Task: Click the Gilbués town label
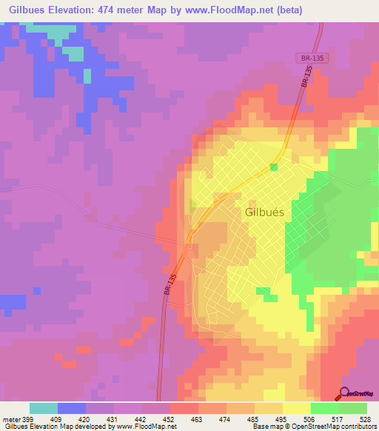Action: (x=264, y=211)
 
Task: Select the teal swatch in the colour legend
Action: (x=44, y=408)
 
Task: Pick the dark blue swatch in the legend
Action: (x=72, y=408)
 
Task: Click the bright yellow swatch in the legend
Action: (x=297, y=408)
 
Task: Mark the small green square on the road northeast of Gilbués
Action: (x=274, y=167)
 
